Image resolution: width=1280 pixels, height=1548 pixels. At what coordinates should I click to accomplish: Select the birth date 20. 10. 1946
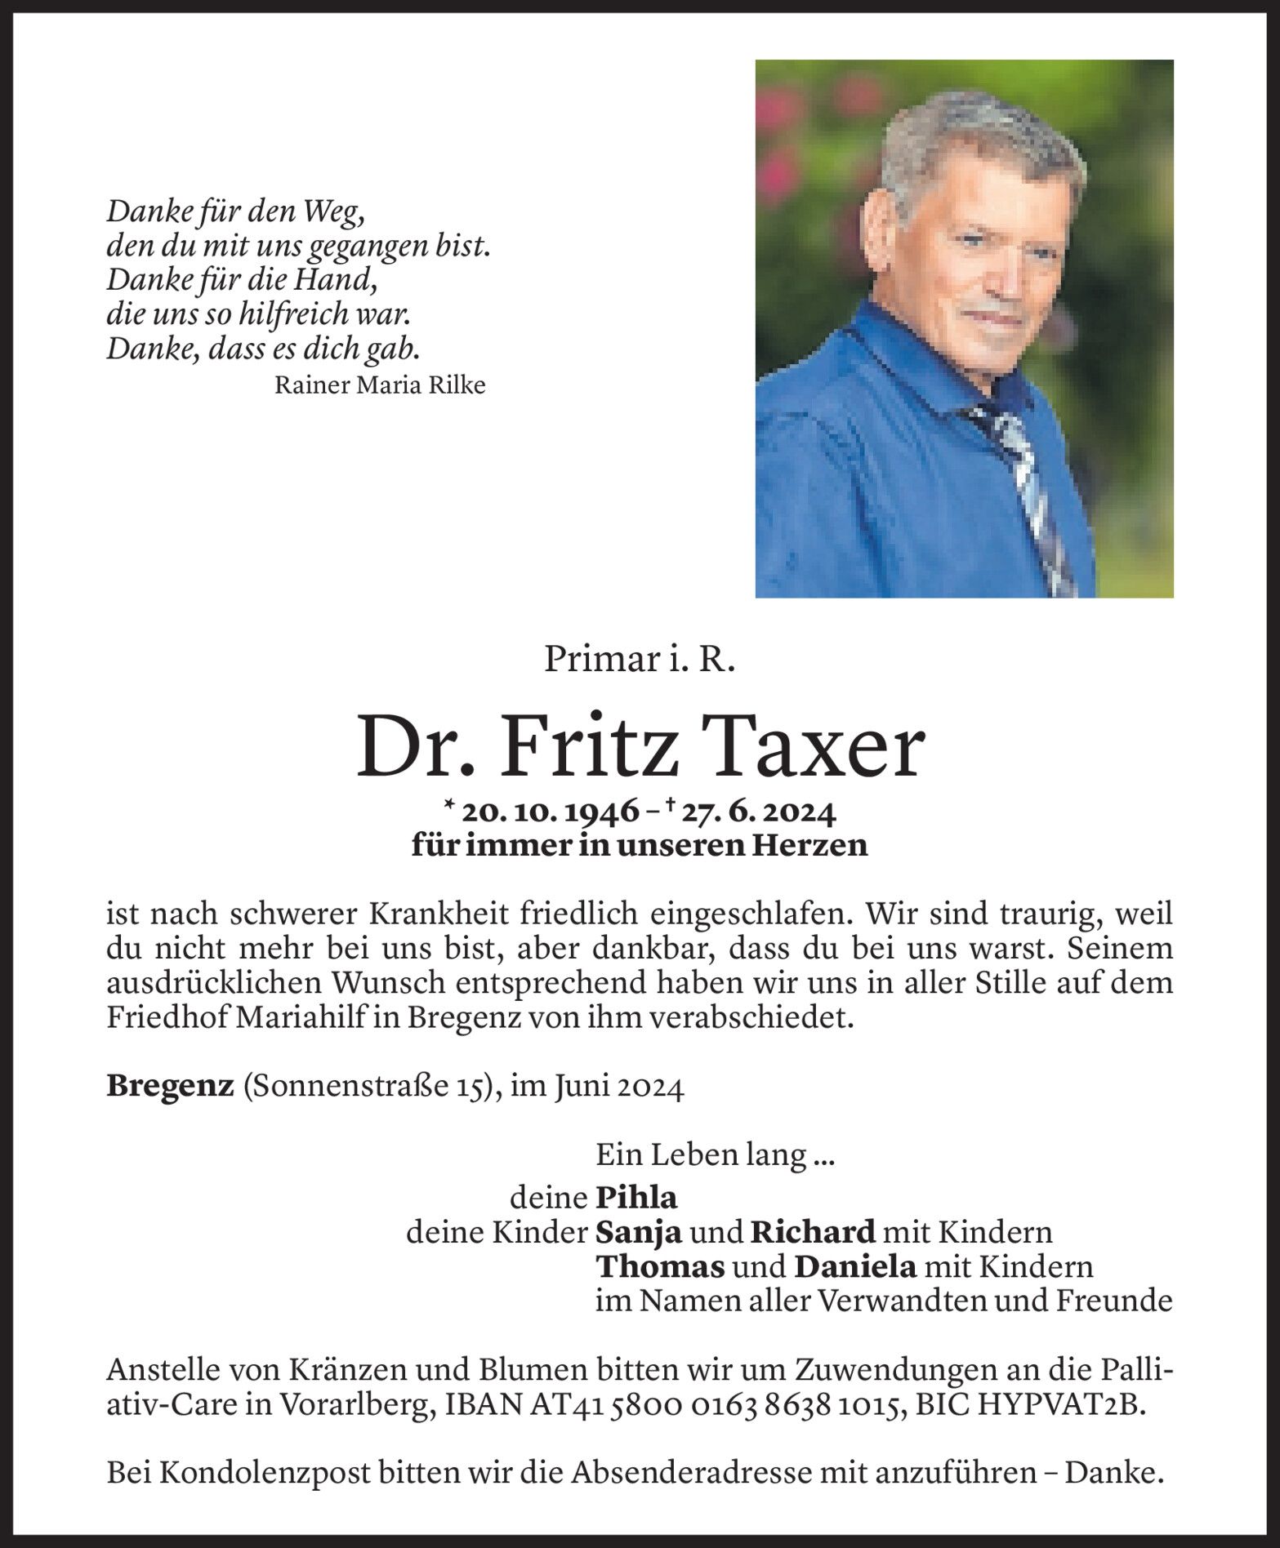click(549, 812)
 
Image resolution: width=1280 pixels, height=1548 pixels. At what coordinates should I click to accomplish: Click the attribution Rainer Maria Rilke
click(380, 385)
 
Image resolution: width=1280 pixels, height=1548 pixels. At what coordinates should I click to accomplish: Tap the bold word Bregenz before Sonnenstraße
click(170, 1087)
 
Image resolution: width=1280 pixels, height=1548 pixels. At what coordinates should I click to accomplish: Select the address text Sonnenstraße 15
click(367, 1087)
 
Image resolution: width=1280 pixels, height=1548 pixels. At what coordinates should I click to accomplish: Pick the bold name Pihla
click(637, 1198)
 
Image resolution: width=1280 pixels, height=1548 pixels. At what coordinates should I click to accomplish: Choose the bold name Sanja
click(639, 1232)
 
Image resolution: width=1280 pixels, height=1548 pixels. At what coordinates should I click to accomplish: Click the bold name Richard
click(813, 1232)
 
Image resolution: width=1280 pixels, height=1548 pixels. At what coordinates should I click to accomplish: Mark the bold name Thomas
click(660, 1266)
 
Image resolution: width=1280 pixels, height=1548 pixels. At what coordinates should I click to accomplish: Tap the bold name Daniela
click(854, 1266)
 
